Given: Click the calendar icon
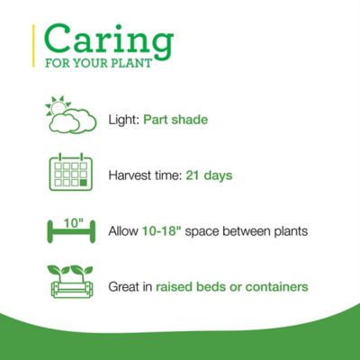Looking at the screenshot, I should click(x=69, y=174).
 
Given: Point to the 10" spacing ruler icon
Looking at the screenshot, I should click(x=69, y=230).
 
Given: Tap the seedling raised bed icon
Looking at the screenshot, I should click(x=69, y=285).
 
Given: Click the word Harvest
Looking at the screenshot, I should click(x=130, y=175).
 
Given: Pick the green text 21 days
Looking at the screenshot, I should click(x=209, y=175).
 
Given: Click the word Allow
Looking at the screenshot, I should click(x=122, y=231).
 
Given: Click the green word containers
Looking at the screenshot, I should click(x=275, y=287).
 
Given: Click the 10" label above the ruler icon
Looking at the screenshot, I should click(x=69, y=218).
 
